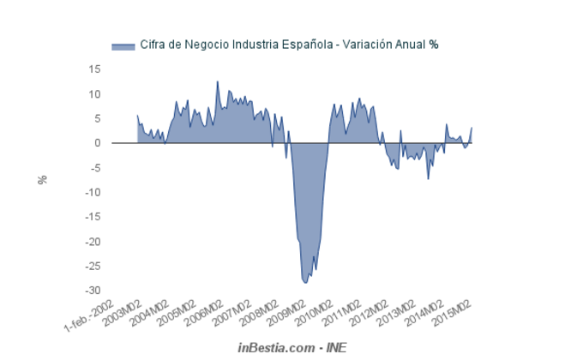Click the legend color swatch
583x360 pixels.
click(123, 45)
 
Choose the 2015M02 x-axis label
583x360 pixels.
click(457, 314)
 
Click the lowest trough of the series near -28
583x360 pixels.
click(305, 282)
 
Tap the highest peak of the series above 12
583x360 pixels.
click(217, 82)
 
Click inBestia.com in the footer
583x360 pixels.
click(274, 347)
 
